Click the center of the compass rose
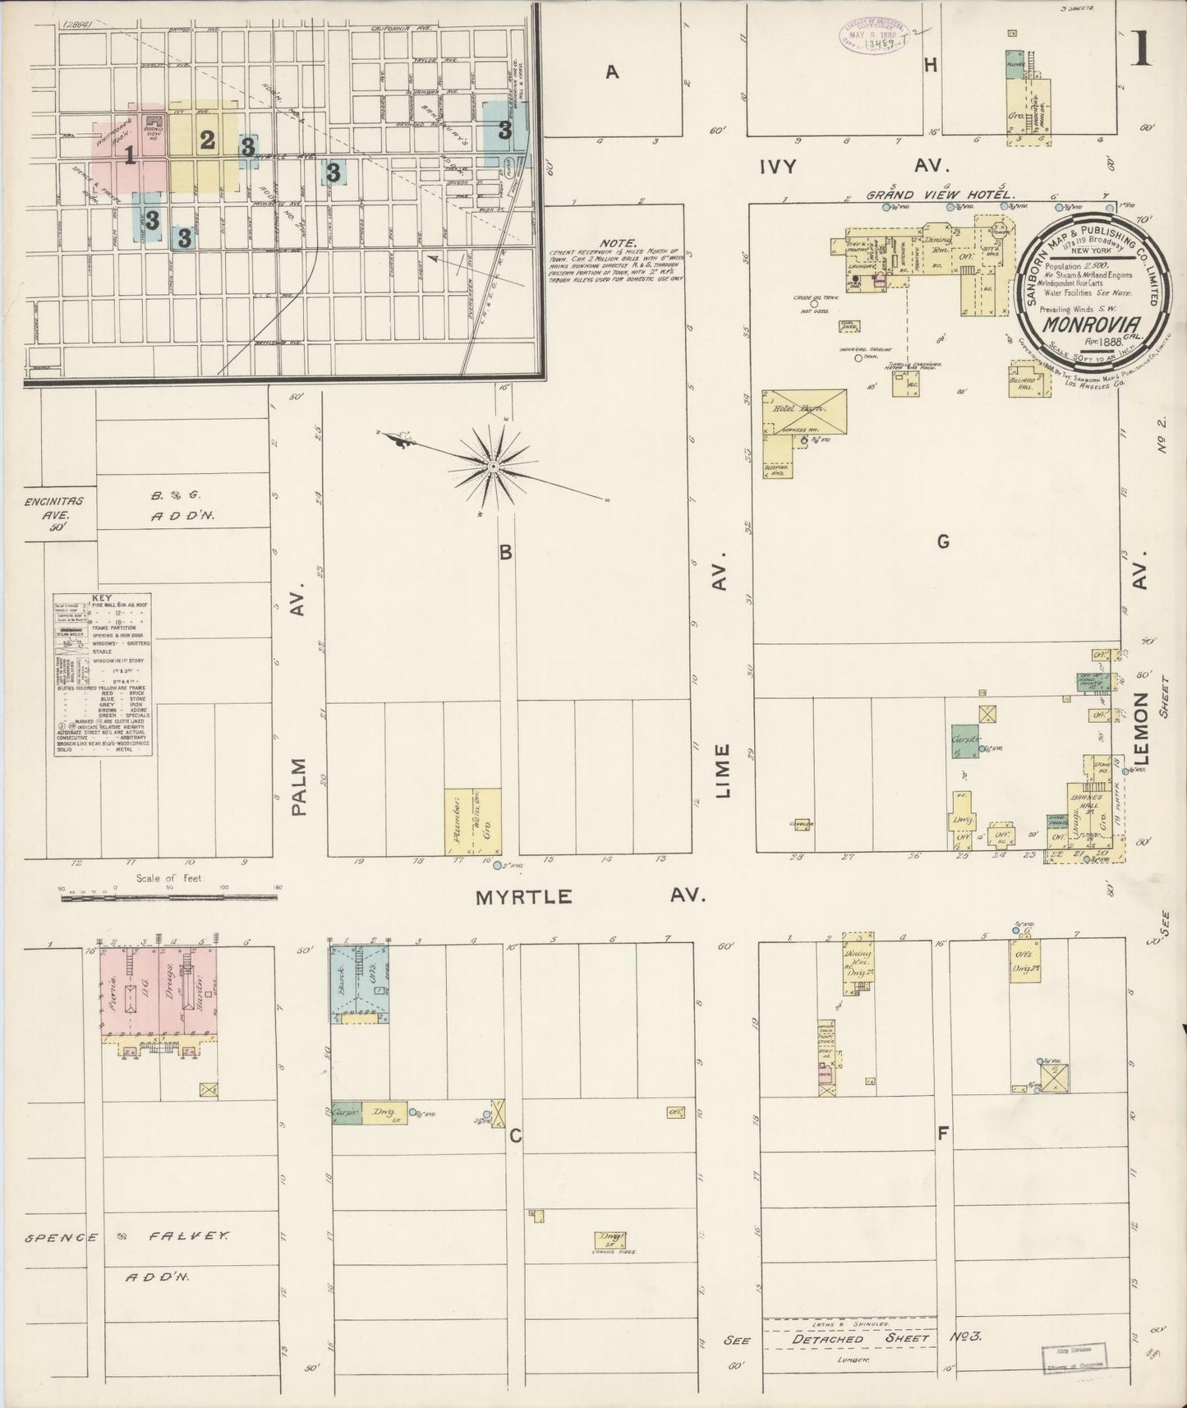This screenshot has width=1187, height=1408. (493, 467)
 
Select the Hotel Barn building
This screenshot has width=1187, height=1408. (804, 412)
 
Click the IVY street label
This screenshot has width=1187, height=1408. (778, 166)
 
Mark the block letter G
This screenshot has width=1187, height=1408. (942, 541)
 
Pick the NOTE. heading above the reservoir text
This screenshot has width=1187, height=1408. (619, 243)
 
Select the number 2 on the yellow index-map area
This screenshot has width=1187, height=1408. (207, 140)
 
